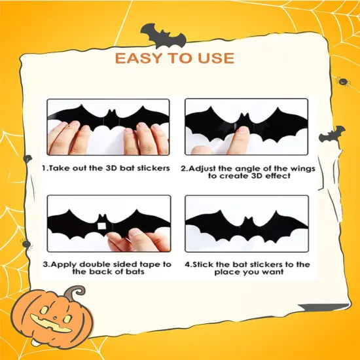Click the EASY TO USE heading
[174, 58]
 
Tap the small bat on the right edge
[331, 135]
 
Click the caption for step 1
[106, 168]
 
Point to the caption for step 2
[248, 173]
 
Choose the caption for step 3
[107, 268]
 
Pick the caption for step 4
[247, 268]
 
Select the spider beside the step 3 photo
[27, 244]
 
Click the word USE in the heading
[213, 58]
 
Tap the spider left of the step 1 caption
[27, 158]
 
